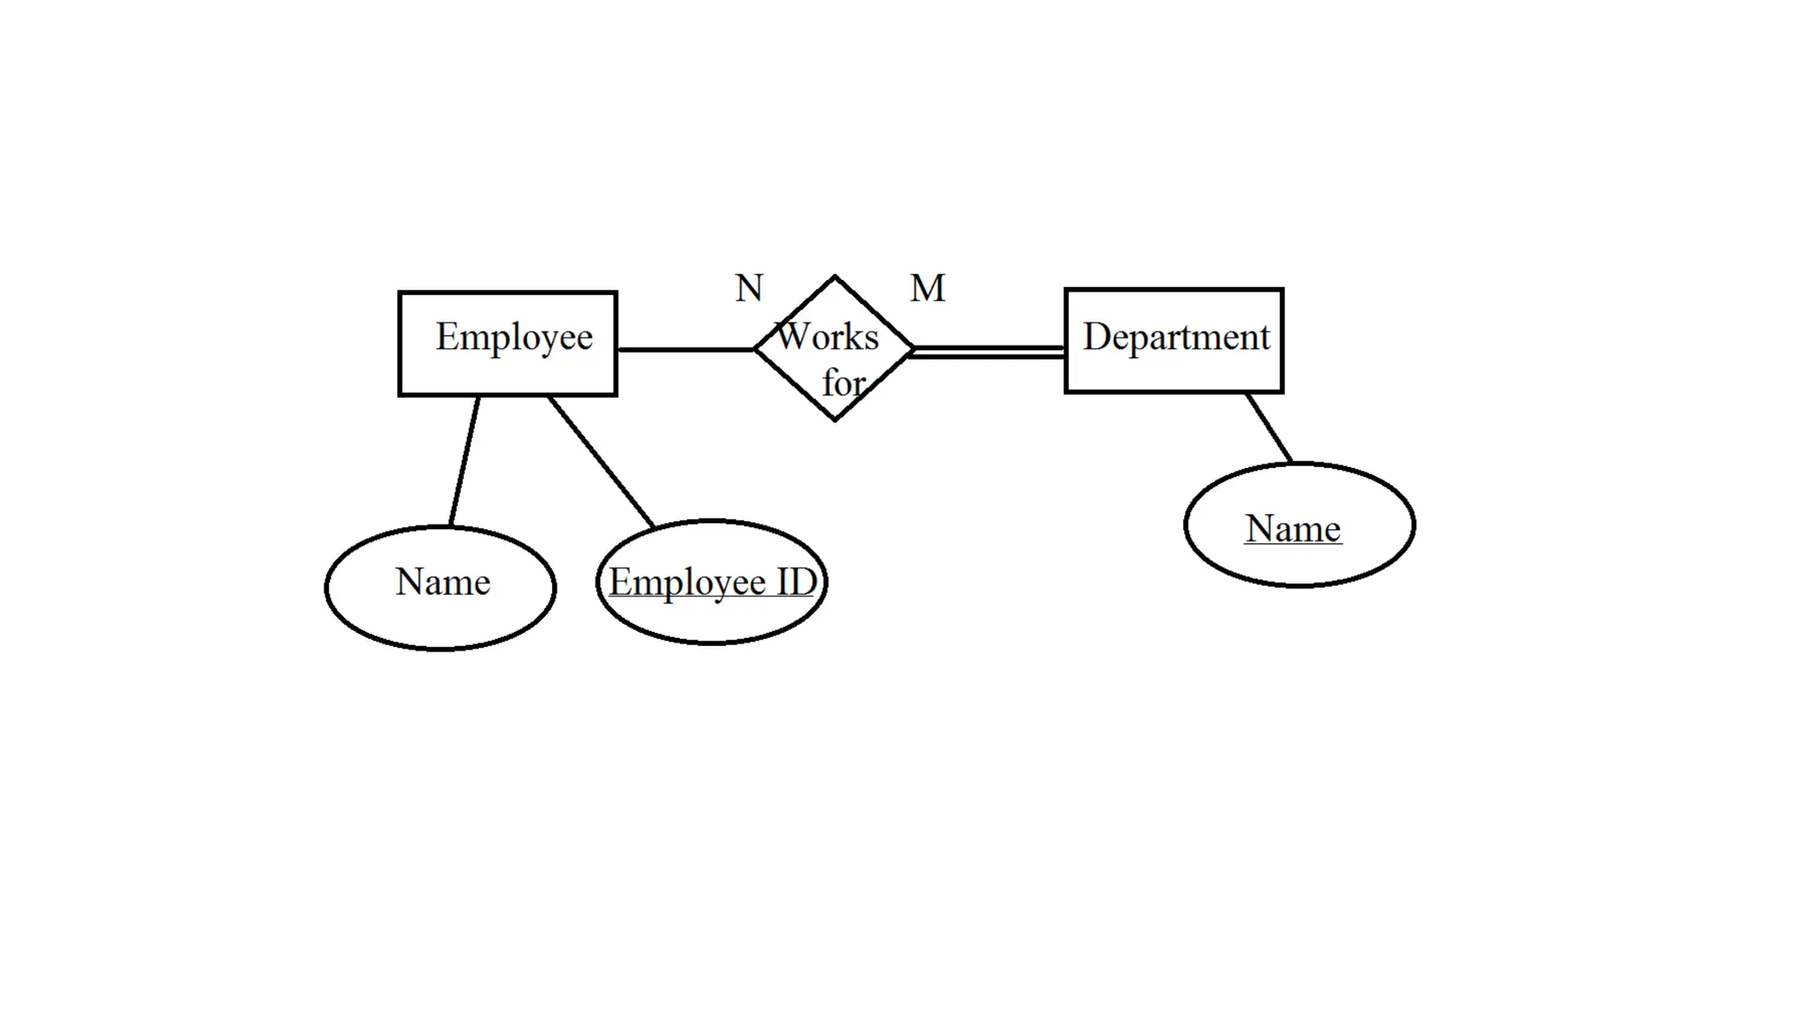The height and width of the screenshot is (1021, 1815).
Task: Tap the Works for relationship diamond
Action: click(x=834, y=348)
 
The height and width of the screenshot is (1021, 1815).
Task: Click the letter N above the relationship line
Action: click(x=749, y=288)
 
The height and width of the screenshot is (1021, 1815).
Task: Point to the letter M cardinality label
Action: click(x=928, y=288)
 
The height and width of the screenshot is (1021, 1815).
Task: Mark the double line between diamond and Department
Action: click(x=988, y=352)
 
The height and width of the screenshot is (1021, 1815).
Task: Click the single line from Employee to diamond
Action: click(x=684, y=349)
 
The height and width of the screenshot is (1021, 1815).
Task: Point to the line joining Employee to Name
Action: click(x=464, y=461)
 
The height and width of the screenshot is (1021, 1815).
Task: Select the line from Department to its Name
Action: click(x=1268, y=427)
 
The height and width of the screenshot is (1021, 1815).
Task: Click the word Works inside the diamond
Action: click(x=828, y=337)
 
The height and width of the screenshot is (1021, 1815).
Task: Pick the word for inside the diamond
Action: click(x=843, y=383)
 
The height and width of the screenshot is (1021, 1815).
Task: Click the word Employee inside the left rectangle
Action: click(x=514, y=337)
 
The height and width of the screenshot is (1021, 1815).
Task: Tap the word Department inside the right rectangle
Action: click(x=1176, y=337)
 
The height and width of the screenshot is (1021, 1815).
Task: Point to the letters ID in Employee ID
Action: click(x=796, y=582)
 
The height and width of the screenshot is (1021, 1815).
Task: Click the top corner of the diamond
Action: click(x=834, y=277)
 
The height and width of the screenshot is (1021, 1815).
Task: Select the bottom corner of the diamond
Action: click(x=834, y=419)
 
